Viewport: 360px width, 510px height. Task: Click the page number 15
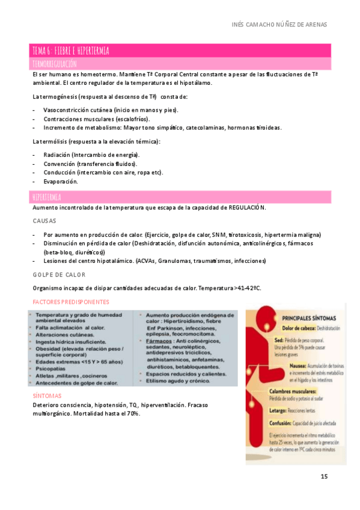(324, 477)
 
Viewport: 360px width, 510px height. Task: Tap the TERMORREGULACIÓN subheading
(55, 63)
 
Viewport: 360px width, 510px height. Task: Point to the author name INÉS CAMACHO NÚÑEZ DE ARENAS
(279, 25)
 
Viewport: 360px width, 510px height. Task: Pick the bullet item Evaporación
(61, 181)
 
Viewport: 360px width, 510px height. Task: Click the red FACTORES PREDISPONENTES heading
(71, 301)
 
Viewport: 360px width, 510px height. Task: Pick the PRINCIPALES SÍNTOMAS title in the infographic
(309, 318)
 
